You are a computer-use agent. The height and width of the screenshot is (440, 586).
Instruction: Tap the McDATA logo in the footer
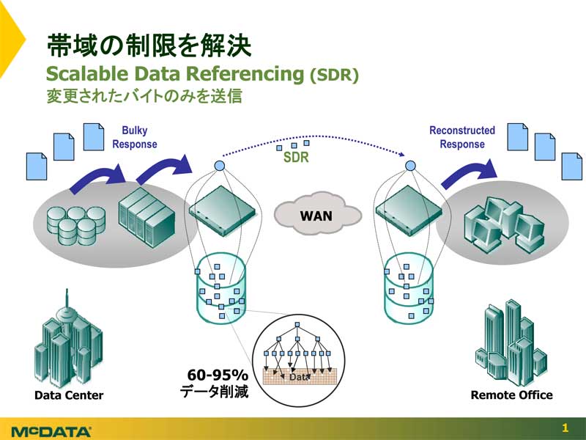(51, 431)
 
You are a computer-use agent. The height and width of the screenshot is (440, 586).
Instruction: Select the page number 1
(565, 428)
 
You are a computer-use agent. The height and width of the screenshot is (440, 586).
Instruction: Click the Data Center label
(69, 395)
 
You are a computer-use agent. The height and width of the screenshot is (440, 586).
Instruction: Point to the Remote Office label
(511, 395)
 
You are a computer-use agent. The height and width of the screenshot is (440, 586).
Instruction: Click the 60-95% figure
(218, 375)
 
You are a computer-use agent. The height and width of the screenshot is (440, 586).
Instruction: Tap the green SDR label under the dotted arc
(297, 157)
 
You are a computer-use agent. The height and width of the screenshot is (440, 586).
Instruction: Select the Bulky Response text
(135, 137)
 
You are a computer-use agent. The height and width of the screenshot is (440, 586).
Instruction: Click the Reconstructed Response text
(462, 137)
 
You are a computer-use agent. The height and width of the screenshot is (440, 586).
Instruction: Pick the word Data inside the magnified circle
(300, 377)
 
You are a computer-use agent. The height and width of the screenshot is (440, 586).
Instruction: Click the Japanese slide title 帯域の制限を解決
(149, 45)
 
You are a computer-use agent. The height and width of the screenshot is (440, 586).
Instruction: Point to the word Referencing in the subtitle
(245, 74)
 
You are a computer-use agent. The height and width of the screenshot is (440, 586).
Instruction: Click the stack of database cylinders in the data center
(76, 226)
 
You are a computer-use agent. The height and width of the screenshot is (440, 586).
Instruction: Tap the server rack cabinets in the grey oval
(147, 218)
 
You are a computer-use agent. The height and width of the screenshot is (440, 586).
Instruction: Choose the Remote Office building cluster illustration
(511, 343)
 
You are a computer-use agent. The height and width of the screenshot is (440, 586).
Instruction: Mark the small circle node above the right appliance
(410, 166)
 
